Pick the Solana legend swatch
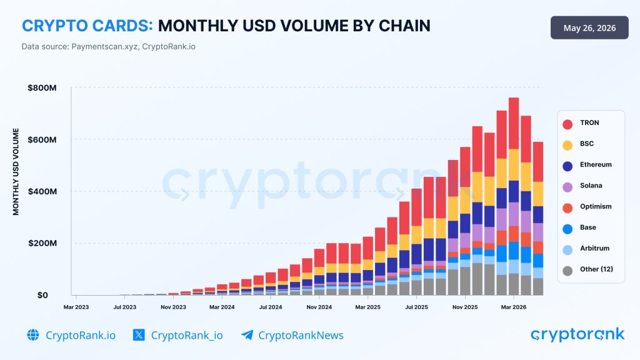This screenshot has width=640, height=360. [567, 187]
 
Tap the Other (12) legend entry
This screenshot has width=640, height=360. [587, 270]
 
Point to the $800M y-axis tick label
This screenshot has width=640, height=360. [42, 87]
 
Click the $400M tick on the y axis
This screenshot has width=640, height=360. [42, 191]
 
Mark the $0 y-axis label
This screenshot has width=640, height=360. [42, 295]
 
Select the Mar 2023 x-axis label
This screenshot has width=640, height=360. [76, 307]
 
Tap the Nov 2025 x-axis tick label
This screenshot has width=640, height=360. [465, 307]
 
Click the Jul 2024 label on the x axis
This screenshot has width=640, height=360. [270, 307]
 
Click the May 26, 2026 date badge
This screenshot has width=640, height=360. [589, 27]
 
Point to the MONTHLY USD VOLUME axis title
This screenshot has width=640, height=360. [16, 171]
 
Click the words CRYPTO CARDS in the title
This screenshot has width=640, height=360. [87, 26]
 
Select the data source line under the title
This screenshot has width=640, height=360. [109, 46]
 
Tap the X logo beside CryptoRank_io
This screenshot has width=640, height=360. [139, 335]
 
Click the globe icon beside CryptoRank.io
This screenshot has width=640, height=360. [33, 335]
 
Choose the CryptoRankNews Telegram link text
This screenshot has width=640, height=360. [301, 336]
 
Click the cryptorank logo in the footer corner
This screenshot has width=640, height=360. [577, 335]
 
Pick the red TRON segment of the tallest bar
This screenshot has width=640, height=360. [514, 123]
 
